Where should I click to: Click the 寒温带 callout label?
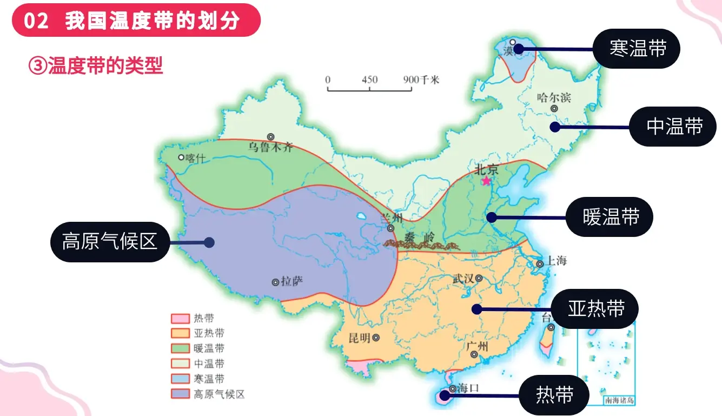(637, 49)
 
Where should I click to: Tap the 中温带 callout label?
(674, 127)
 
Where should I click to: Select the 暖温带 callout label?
(611, 217)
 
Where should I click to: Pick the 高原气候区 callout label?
(110, 242)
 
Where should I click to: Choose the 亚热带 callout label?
(595, 309)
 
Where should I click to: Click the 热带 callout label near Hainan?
(554, 395)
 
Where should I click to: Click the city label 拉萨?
(293, 281)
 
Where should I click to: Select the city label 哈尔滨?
(553, 98)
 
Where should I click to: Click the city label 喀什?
(196, 157)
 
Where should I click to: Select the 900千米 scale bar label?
(422, 80)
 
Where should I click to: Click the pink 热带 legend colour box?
(180, 319)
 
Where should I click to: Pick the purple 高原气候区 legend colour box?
(180, 394)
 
